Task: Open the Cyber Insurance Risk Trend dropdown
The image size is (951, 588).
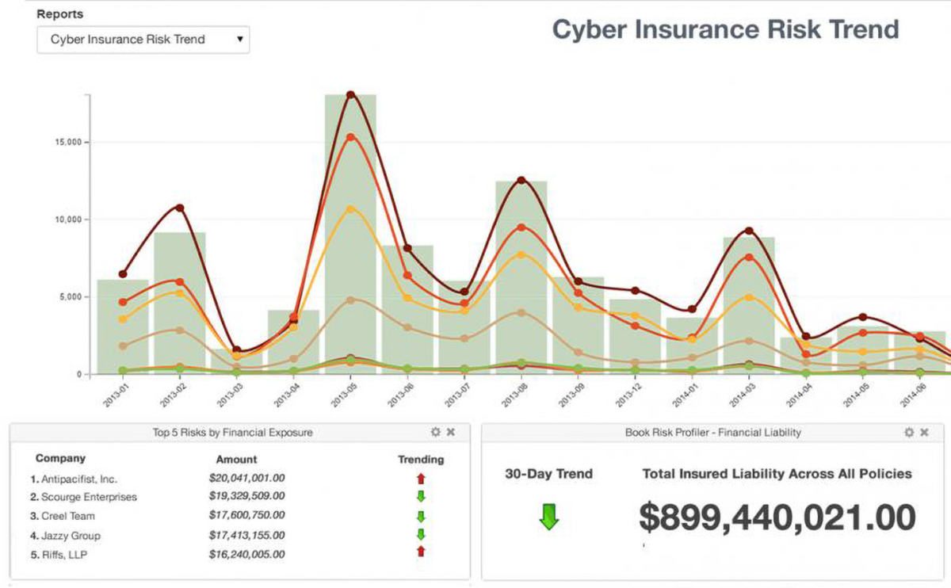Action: click(x=143, y=40)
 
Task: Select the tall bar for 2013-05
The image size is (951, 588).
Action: click(x=349, y=238)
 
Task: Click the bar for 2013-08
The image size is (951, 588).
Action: click(x=521, y=277)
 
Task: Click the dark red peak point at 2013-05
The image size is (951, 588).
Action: click(x=349, y=95)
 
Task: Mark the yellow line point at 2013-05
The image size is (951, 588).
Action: click(x=349, y=209)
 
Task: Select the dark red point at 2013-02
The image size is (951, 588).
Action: click(x=180, y=208)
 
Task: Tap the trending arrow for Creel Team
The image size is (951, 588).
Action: click(x=421, y=517)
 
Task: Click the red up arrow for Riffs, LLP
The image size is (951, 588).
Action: click(x=421, y=553)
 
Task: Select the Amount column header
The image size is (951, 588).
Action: click(x=236, y=459)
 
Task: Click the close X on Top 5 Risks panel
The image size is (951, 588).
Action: click(x=451, y=432)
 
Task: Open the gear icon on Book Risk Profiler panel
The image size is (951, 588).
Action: click(x=909, y=432)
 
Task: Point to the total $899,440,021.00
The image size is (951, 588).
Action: click(x=777, y=517)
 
